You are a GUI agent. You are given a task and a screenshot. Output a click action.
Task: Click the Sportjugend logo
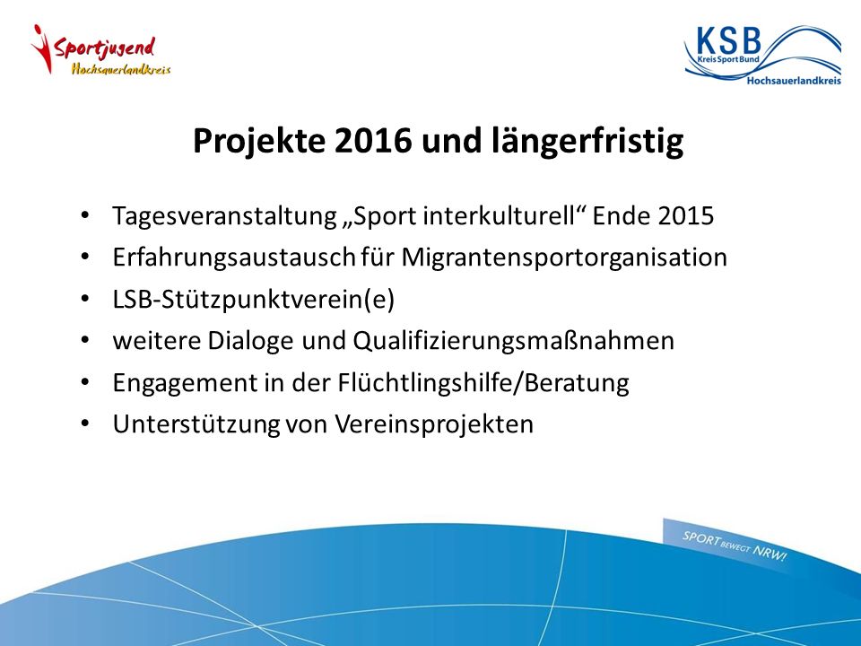click(x=101, y=50)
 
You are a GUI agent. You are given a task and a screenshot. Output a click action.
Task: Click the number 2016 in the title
click(x=373, y=141)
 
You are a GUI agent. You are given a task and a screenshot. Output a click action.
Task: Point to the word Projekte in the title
click(x=259, y=142)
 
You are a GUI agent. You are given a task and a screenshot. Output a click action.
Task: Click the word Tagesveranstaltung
click(x=224, y=216)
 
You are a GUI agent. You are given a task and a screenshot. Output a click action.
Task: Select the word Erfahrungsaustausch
click(x=234, y=258)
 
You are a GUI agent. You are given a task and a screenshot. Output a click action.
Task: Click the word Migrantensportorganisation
click(x=564, y=258)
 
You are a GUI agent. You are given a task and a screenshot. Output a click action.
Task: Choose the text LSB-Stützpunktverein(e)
click(x=253, y=300)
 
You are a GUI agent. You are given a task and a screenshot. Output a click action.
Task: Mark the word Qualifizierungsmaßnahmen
click(x=513, y=342)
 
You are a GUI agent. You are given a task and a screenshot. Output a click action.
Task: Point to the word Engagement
click(x=185, y=383)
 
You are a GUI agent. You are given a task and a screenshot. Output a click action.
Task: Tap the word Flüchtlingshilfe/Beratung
click(x=483, y=383)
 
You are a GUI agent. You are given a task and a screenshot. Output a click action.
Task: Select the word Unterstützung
click(x=196, y=425)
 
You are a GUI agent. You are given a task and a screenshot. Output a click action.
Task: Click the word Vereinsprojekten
click(x=434, y=425)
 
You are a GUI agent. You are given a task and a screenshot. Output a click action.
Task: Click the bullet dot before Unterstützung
click(x=84, y=424)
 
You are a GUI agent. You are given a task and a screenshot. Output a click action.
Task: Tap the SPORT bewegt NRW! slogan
click(x=735, y=546)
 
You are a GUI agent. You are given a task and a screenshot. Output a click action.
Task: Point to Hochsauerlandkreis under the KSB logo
click(x=794, y=81)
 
